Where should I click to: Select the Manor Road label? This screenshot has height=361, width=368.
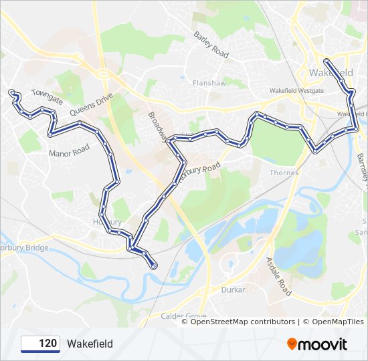[69, 152]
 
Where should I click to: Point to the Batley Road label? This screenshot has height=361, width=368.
[211, 43]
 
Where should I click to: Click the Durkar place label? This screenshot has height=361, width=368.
[234, 290]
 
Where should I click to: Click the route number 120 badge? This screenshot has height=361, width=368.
[41, 344]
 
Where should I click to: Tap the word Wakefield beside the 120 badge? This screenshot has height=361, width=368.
[90, 344]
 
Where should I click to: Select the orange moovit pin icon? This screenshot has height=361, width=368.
[292, 344]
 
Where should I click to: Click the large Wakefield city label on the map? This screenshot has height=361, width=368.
[332, 72]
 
